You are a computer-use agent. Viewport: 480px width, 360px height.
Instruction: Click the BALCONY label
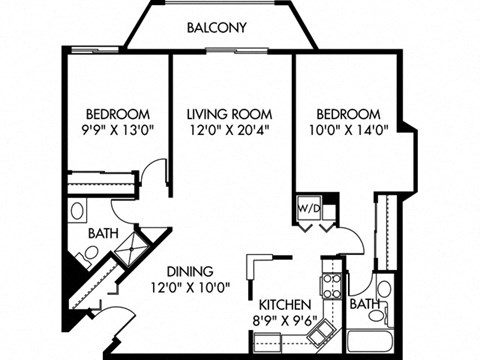tap(217, 27)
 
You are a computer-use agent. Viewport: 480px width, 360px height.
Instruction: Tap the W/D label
tap(306, 209)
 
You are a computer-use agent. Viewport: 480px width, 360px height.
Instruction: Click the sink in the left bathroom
tap(78, 212)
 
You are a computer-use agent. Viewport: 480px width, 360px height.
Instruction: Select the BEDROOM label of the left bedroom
tap(118, 113)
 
